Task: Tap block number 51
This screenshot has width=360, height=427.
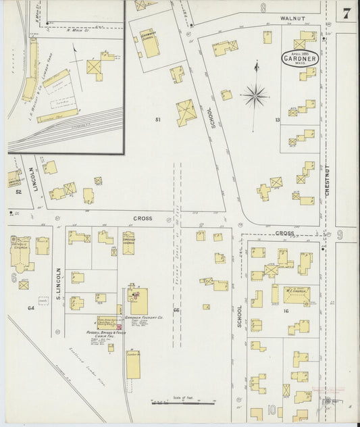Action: click(158, 120)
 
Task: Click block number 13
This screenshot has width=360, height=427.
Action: click(277, 120)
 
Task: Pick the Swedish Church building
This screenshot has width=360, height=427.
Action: click(128, 241)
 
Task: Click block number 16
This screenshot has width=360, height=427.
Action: click(286, 311)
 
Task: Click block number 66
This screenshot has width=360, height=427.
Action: click(176, 310)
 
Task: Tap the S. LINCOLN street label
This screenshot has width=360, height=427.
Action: click(59, 284)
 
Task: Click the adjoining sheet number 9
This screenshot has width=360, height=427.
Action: click(340, 234)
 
